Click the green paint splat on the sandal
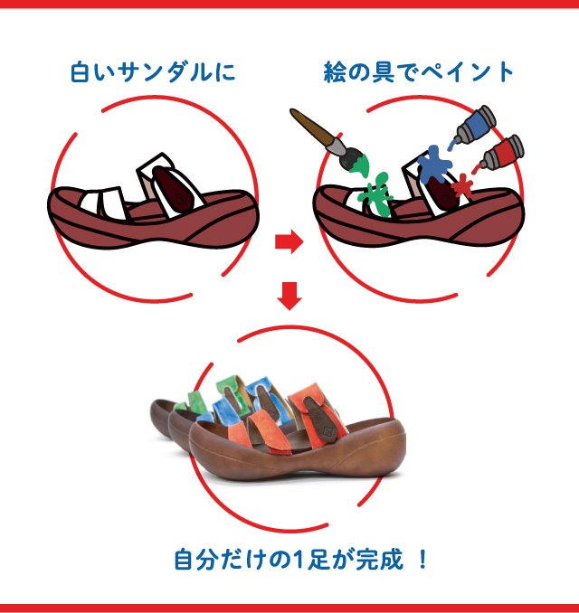point(376,194)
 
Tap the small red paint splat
point(462,185)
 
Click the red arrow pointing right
point(289,241)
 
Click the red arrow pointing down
point(289,296)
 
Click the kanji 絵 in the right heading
point(336,72)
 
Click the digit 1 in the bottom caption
point(299,560)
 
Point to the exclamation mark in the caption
point(422,559)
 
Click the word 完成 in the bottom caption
point(379,559)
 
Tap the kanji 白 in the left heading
point(81,72)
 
